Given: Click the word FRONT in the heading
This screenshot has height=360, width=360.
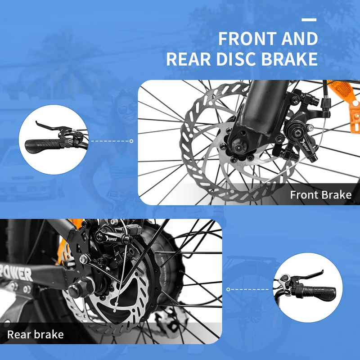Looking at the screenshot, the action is pyautogui.click(x=247, y=39).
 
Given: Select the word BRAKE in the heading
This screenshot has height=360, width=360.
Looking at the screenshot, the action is pyautogui.click(x=289, y=59).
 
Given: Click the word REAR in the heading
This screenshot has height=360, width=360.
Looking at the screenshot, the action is pyautogui.click(x=189, y=59).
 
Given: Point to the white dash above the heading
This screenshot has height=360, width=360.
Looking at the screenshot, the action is pyautogui.click(x=309, y=20).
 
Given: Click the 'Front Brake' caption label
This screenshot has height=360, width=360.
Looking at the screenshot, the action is pyautogui.click(x=321, y=195).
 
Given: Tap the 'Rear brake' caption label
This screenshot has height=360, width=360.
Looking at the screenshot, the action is pyautogui.click(x=36, y=334).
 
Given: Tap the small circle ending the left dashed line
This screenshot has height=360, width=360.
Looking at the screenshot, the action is pyautogui.click(x=131, y=141).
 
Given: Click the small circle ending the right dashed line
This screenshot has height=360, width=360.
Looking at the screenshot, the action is pyautogui.click(x=228, y=289).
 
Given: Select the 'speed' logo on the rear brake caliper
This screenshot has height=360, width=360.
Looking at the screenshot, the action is pyautogui.click(x=111, y=239).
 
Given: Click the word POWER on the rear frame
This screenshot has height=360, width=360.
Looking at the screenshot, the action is pyautogui.click(x=17, y=273).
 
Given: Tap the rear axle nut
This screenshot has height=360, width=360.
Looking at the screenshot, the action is pyautogui.click(x=81, y=287).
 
